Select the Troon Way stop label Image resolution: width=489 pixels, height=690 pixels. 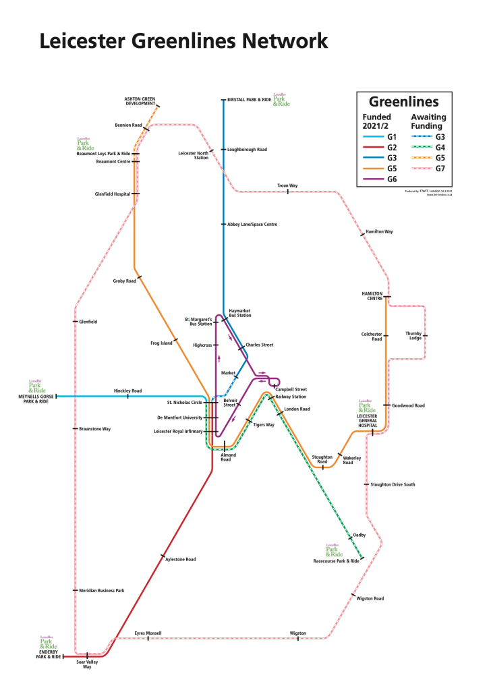(287, 185)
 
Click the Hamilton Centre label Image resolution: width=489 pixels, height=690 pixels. (372, 296)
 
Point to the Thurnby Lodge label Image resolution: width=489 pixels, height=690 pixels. (413, 335)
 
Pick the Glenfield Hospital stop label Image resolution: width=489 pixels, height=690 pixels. (113, 194)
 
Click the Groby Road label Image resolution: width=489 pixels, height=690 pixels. (125, 281)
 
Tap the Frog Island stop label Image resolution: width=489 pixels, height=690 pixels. (161, 343)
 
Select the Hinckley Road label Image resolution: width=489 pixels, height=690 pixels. (127, 391)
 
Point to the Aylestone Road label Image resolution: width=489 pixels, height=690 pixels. (181, 560)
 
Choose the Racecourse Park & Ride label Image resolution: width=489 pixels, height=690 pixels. (336, 561)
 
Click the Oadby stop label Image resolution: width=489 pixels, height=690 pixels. (359, 535)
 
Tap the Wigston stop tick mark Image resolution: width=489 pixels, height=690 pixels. (298, 638)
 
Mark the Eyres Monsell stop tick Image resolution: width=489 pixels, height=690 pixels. (148, 638)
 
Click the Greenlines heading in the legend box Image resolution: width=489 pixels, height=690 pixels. (405, 102)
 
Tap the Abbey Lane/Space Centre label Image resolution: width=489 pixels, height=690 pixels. (252, 224)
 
